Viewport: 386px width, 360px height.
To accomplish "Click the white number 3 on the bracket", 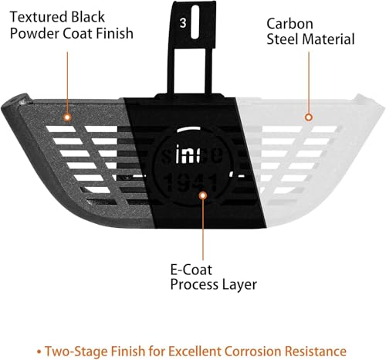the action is (x=183, y=23).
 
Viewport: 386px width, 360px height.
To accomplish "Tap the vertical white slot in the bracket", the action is (x=195, y=22).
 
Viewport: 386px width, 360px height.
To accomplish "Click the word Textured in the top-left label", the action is (x=39, y=17).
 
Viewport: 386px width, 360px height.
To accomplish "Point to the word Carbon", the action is (x=289, y=24).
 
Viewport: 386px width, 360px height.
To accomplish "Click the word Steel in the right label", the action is (x=283, y=39).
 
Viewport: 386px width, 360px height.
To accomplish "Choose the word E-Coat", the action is (x=191, y=270).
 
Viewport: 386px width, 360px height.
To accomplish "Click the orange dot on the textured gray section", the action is (x=67, y=117).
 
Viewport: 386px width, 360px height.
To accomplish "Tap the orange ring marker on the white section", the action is (x=309, y=117).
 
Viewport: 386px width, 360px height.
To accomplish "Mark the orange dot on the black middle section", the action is (x=203, y=195).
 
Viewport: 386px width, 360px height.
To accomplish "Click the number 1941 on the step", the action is (x=191, y=182).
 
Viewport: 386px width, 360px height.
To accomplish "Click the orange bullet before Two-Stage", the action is (x=39, y=352).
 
